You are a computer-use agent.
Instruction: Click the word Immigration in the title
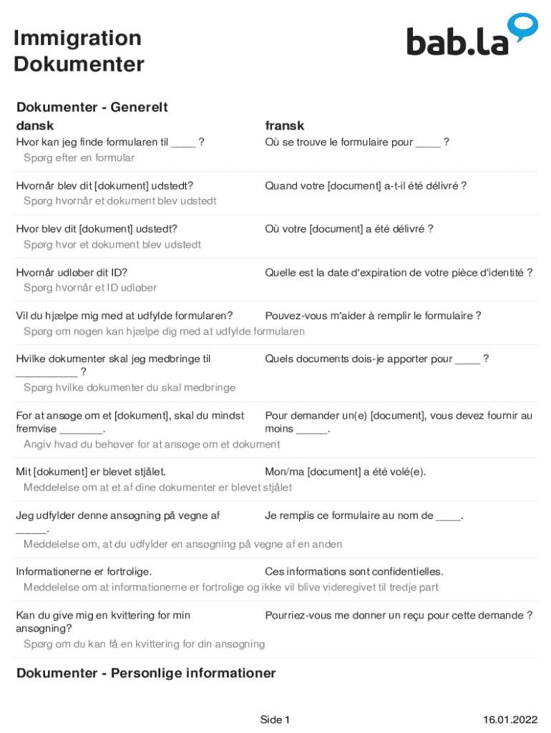77,38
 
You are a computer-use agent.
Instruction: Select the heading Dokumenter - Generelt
92,107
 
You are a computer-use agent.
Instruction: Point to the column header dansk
35,125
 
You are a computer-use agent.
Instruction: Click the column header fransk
285,125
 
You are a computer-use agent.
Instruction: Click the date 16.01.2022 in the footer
510,719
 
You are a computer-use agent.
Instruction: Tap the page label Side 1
275,719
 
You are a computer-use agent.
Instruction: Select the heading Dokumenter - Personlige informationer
146,673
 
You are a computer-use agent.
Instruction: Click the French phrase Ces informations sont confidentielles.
354,571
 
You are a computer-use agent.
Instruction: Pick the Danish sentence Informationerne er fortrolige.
84,571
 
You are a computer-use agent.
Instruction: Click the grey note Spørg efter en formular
79,157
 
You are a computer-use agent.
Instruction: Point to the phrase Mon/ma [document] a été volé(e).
346,472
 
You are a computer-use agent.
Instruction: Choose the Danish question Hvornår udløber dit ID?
72,272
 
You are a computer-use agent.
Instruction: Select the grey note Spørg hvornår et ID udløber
90,288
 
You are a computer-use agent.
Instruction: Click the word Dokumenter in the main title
79,64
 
